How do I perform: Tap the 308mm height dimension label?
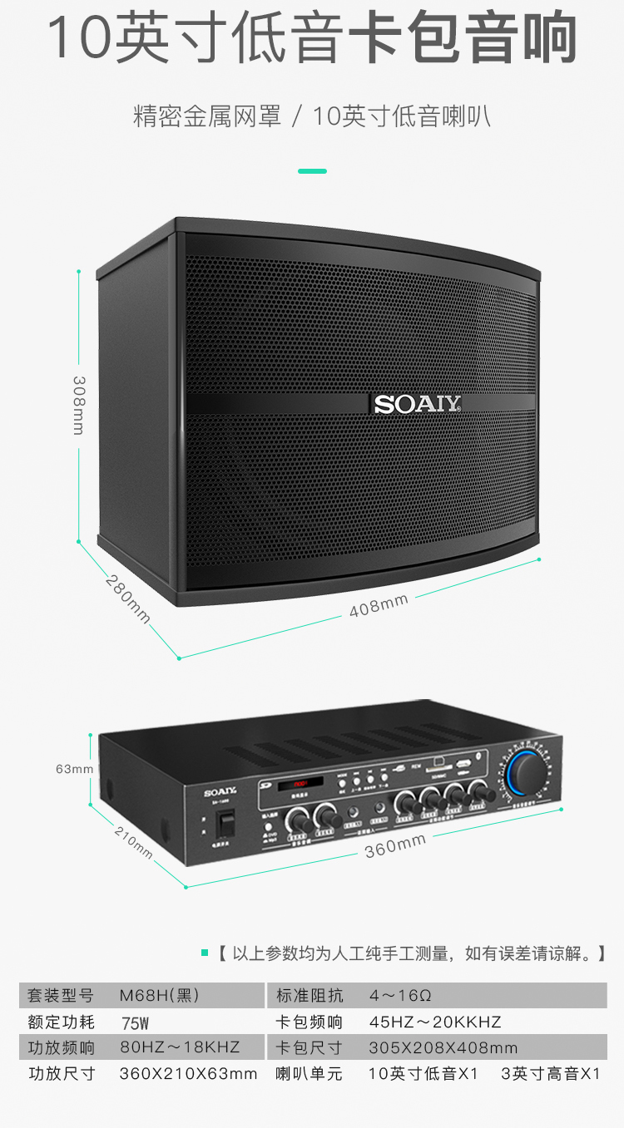pos(78,405)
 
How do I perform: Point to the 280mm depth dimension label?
pos(128,599)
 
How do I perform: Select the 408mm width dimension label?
pos(379,605)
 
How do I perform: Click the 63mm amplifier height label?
pos(74,769)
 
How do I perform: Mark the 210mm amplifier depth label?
pos(133,842)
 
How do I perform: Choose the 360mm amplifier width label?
pos(395,846)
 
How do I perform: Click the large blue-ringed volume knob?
pos(527,771)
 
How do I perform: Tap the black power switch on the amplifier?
pos(225,822)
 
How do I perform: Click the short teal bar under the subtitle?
pos(312,171)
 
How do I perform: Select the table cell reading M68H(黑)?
pos(159,995)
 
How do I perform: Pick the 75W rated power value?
pos(135,1022)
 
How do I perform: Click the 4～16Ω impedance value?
pos(400,995)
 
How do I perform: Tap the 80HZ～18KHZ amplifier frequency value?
pos(180,1047)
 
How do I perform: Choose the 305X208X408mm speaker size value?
pos(443,1047)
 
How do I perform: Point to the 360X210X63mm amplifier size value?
pos(188,1074)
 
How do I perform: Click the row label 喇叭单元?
pos(309,1074)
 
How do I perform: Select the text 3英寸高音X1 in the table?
pos(550,1074)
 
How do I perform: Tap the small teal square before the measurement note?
pos(205,953)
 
